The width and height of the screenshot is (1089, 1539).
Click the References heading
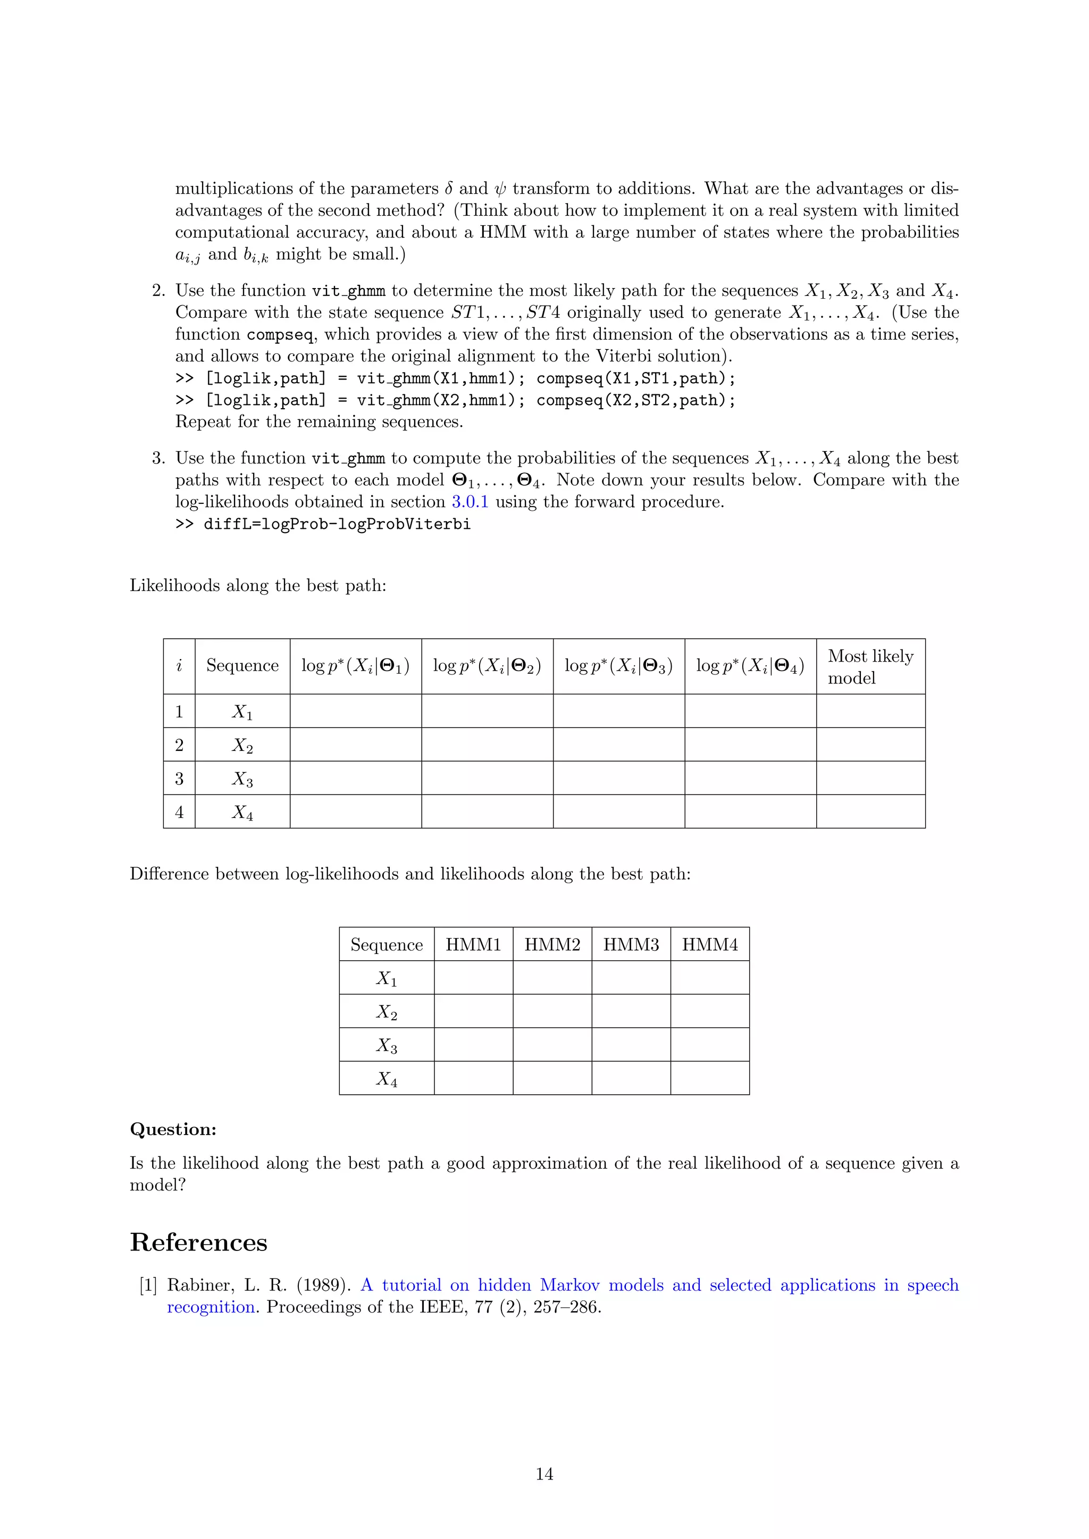(x=198, y=1242)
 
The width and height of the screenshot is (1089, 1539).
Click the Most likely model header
(x=870, y=666)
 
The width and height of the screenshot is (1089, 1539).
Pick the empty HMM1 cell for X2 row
(x=473, y=1011)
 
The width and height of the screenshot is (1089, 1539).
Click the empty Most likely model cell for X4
(x=870, y=811)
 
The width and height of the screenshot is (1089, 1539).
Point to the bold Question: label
(x=173, y=1129)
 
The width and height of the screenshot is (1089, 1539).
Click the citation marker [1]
(x=148, y=1285)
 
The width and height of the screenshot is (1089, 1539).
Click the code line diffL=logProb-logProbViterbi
(x=337, y=524)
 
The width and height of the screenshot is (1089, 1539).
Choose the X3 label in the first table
(x=242, y=778)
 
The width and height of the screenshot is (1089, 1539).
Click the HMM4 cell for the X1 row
(x=709, y=977)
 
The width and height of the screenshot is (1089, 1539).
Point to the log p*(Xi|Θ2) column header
(x=487, y=665)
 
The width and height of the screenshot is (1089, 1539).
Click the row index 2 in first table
(x=179, y=745)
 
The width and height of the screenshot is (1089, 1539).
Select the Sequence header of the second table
(x=386, y=944)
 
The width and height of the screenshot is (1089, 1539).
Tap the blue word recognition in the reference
(x=211, y=1307)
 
